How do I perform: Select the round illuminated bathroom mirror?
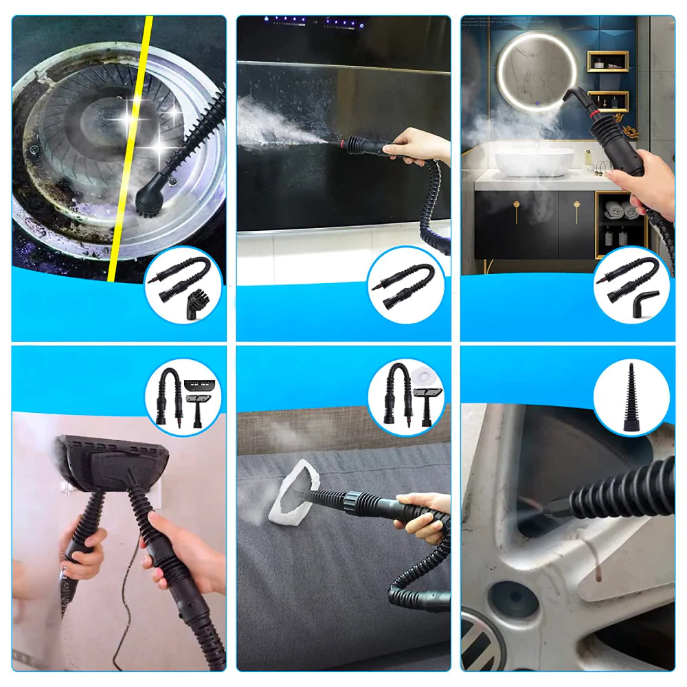tap(537, 71)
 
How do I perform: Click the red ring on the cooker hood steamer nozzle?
tap(341, 143)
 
